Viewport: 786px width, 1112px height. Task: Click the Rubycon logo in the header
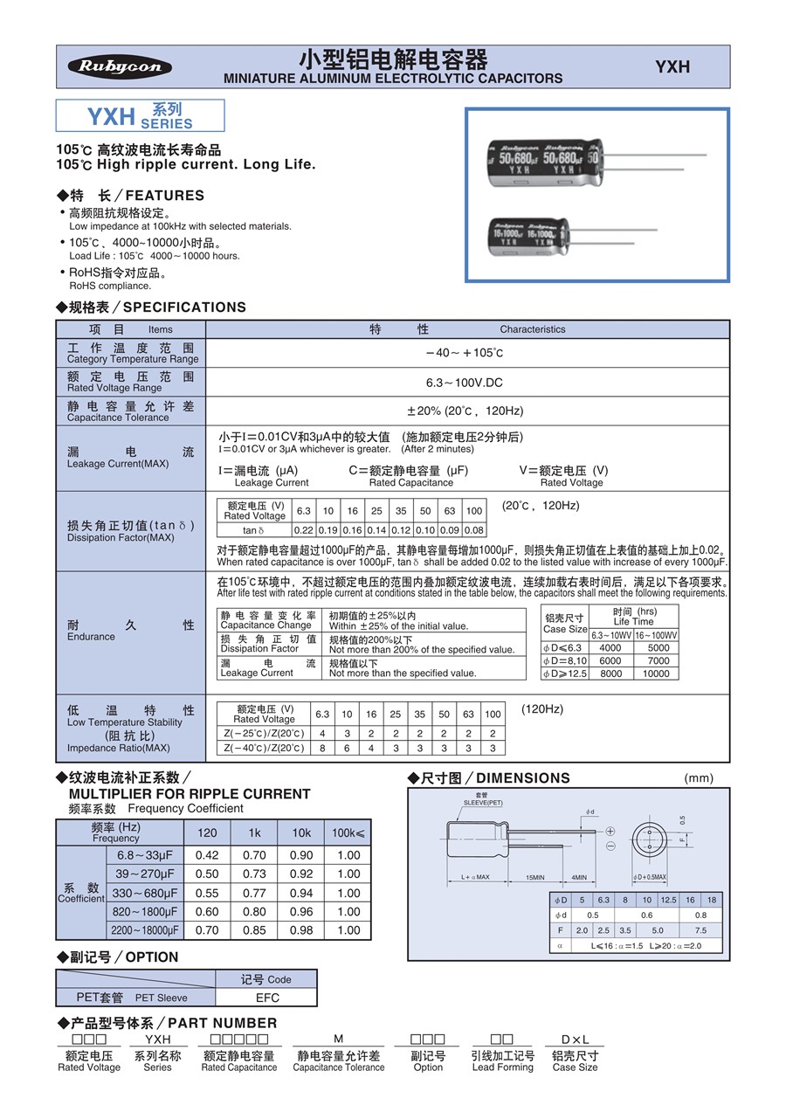(x=121, y=67)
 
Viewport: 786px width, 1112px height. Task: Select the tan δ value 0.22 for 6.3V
(x=303, y=530)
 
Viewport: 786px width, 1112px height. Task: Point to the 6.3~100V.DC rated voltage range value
(x=465, y=383)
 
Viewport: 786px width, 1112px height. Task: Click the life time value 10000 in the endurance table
(x=657, y=674)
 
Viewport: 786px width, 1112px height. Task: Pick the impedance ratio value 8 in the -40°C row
(x=322, y=749)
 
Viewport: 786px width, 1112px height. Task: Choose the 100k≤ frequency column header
(x=348, y=833)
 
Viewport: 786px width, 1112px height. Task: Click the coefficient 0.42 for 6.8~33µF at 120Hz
(x=207, y=855)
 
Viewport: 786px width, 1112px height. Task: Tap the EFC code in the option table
(x=267, y=998)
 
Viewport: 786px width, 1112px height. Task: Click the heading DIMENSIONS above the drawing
(x=522, y=778)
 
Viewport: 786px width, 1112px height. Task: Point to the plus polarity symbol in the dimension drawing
(x=610, y=831)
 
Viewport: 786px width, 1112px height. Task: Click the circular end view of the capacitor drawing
(x=649, y=839)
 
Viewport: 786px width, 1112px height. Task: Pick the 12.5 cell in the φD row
(x=668, y=900)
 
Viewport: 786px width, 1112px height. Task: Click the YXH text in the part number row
(x=158, y=1039)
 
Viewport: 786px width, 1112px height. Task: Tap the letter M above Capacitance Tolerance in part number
(x=339, y=1039)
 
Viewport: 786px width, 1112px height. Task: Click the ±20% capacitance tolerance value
(x=465, y=411)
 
